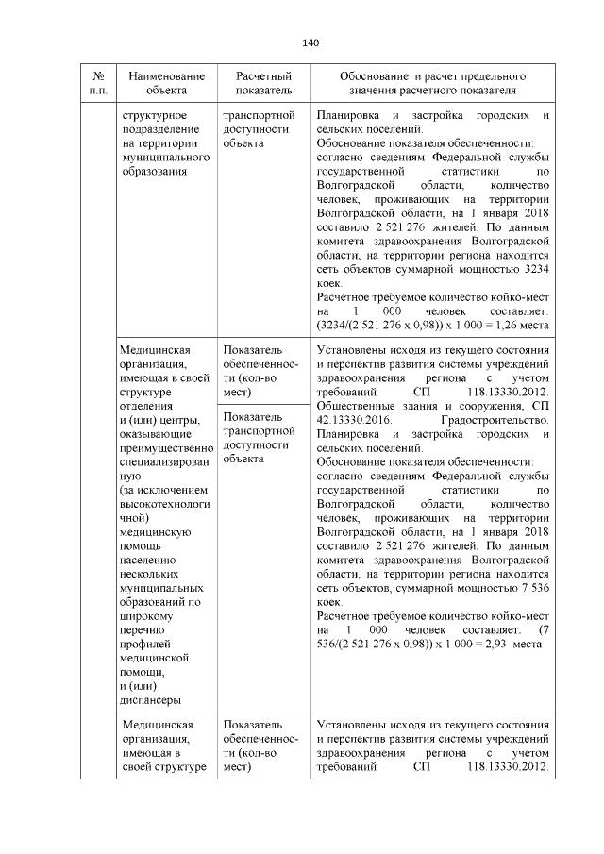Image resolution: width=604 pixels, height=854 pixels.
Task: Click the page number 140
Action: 310,42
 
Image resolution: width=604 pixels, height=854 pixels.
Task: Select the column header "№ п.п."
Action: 98,82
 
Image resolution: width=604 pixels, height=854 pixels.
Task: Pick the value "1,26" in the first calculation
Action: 500,326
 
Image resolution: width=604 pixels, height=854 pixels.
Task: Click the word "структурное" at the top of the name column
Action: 154,115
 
